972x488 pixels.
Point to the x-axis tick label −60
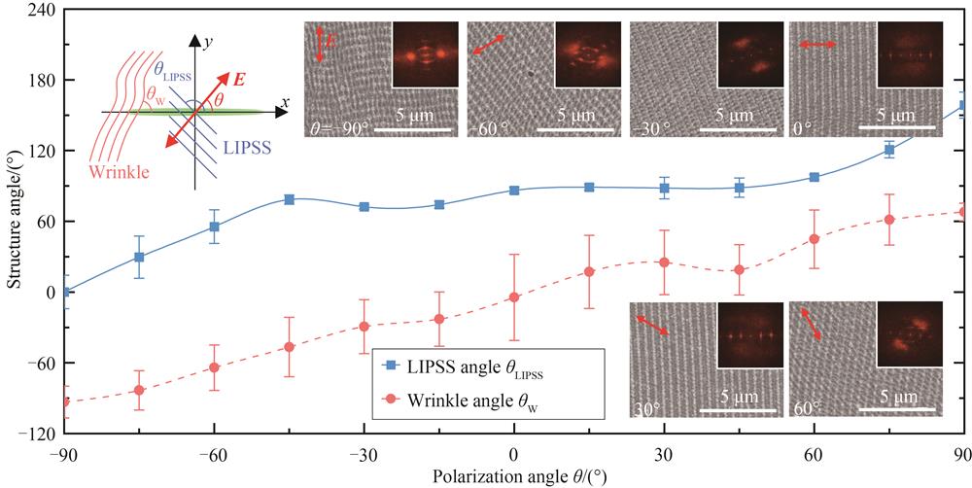(214, 451)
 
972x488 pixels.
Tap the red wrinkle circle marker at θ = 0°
(514, 297)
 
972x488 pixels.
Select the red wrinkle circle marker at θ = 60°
(814, 239)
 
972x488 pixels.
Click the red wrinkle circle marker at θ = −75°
(139, 391)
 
